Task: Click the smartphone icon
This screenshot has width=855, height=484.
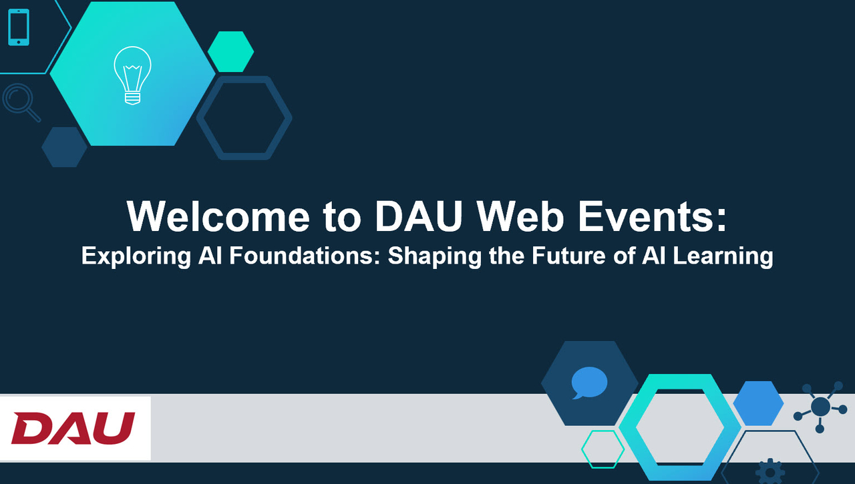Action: [19, 27]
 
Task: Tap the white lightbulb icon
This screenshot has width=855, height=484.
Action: [132, 75]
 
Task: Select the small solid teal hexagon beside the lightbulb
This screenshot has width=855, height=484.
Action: [230, 51]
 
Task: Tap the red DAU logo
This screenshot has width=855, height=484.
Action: [73, 428]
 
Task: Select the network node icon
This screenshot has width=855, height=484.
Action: [820, 406]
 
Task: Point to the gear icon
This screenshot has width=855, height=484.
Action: [770, 471]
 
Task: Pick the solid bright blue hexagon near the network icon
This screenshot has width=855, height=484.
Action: [758, 403]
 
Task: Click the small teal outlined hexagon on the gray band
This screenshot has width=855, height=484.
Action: [603, 449]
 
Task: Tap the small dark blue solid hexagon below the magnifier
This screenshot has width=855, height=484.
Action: [64, 147]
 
